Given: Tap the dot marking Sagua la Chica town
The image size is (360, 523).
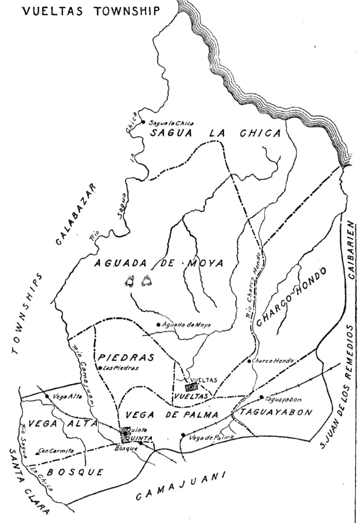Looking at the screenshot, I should point(143,122).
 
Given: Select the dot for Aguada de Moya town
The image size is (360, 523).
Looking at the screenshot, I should point(158,325).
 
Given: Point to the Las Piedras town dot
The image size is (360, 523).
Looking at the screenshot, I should point(100,367).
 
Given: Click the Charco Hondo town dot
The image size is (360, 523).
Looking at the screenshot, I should point(249,361).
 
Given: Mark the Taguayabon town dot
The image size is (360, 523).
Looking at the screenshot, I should point(261,397).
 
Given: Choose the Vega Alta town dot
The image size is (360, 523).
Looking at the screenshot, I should point(47,396).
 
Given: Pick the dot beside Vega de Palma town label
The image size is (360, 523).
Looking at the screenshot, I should point(183,435).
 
